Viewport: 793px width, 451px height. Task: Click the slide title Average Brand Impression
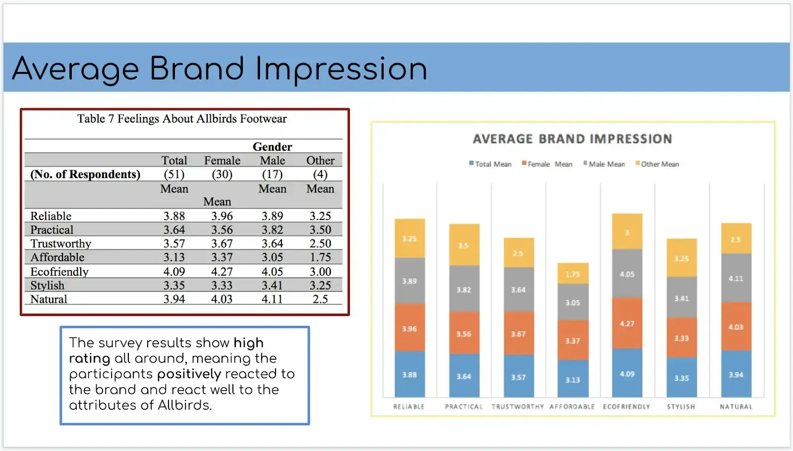[x=219, y=68]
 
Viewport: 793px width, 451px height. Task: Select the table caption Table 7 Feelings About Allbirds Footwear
[x=182, y=119]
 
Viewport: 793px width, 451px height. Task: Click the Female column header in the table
[x=222, y=161]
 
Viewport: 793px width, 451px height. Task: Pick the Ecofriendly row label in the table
[x=59, y=271]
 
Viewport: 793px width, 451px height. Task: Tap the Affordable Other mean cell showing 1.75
[x=320, y=258]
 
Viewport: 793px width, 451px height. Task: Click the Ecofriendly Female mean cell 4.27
[x=222, y=271]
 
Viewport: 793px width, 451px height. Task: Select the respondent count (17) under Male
[x=272, y=175]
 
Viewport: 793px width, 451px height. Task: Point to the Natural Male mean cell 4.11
[x=272, y=299]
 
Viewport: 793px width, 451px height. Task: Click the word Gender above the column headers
[x=272, y=147]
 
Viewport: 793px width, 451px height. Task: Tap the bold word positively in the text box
[x=189, y=374]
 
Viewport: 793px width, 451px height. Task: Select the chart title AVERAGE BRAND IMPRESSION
[x=572, y=139]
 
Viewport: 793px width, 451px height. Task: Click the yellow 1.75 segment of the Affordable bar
[x=572, y=273]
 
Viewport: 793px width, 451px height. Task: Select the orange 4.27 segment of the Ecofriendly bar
[x=627, y=323]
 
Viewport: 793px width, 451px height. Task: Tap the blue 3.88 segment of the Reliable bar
[x=409, y=374]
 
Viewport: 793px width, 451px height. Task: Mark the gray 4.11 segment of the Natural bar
[x=736, y=278]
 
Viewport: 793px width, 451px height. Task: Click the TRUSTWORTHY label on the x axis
[x=517, y=406]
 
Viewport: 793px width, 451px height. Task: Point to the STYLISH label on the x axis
[x=681, y=406]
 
